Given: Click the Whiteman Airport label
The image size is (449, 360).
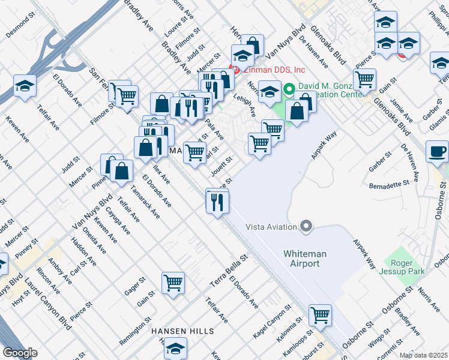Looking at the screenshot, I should (x=305, y=259).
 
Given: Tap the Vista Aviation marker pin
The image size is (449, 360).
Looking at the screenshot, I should (x=307, y=226).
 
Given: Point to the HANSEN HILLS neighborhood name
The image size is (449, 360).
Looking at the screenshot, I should (x=182, y=331).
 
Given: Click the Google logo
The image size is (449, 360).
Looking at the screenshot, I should (x=20, y=353).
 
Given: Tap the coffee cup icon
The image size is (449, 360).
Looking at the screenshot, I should (x=437, y=151).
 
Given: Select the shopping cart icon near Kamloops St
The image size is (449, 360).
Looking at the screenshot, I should (x=320, y=314).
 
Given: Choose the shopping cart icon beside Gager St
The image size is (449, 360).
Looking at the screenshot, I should (x=173, y=281).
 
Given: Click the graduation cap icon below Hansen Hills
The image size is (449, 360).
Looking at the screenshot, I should (x=175, y=347).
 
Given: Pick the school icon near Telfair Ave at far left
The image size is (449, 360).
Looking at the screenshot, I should (x=25, y=85).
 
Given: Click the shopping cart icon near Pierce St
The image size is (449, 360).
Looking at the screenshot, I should (x=364, y=79).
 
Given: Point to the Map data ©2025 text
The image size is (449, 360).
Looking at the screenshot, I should (x=424, y=355).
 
